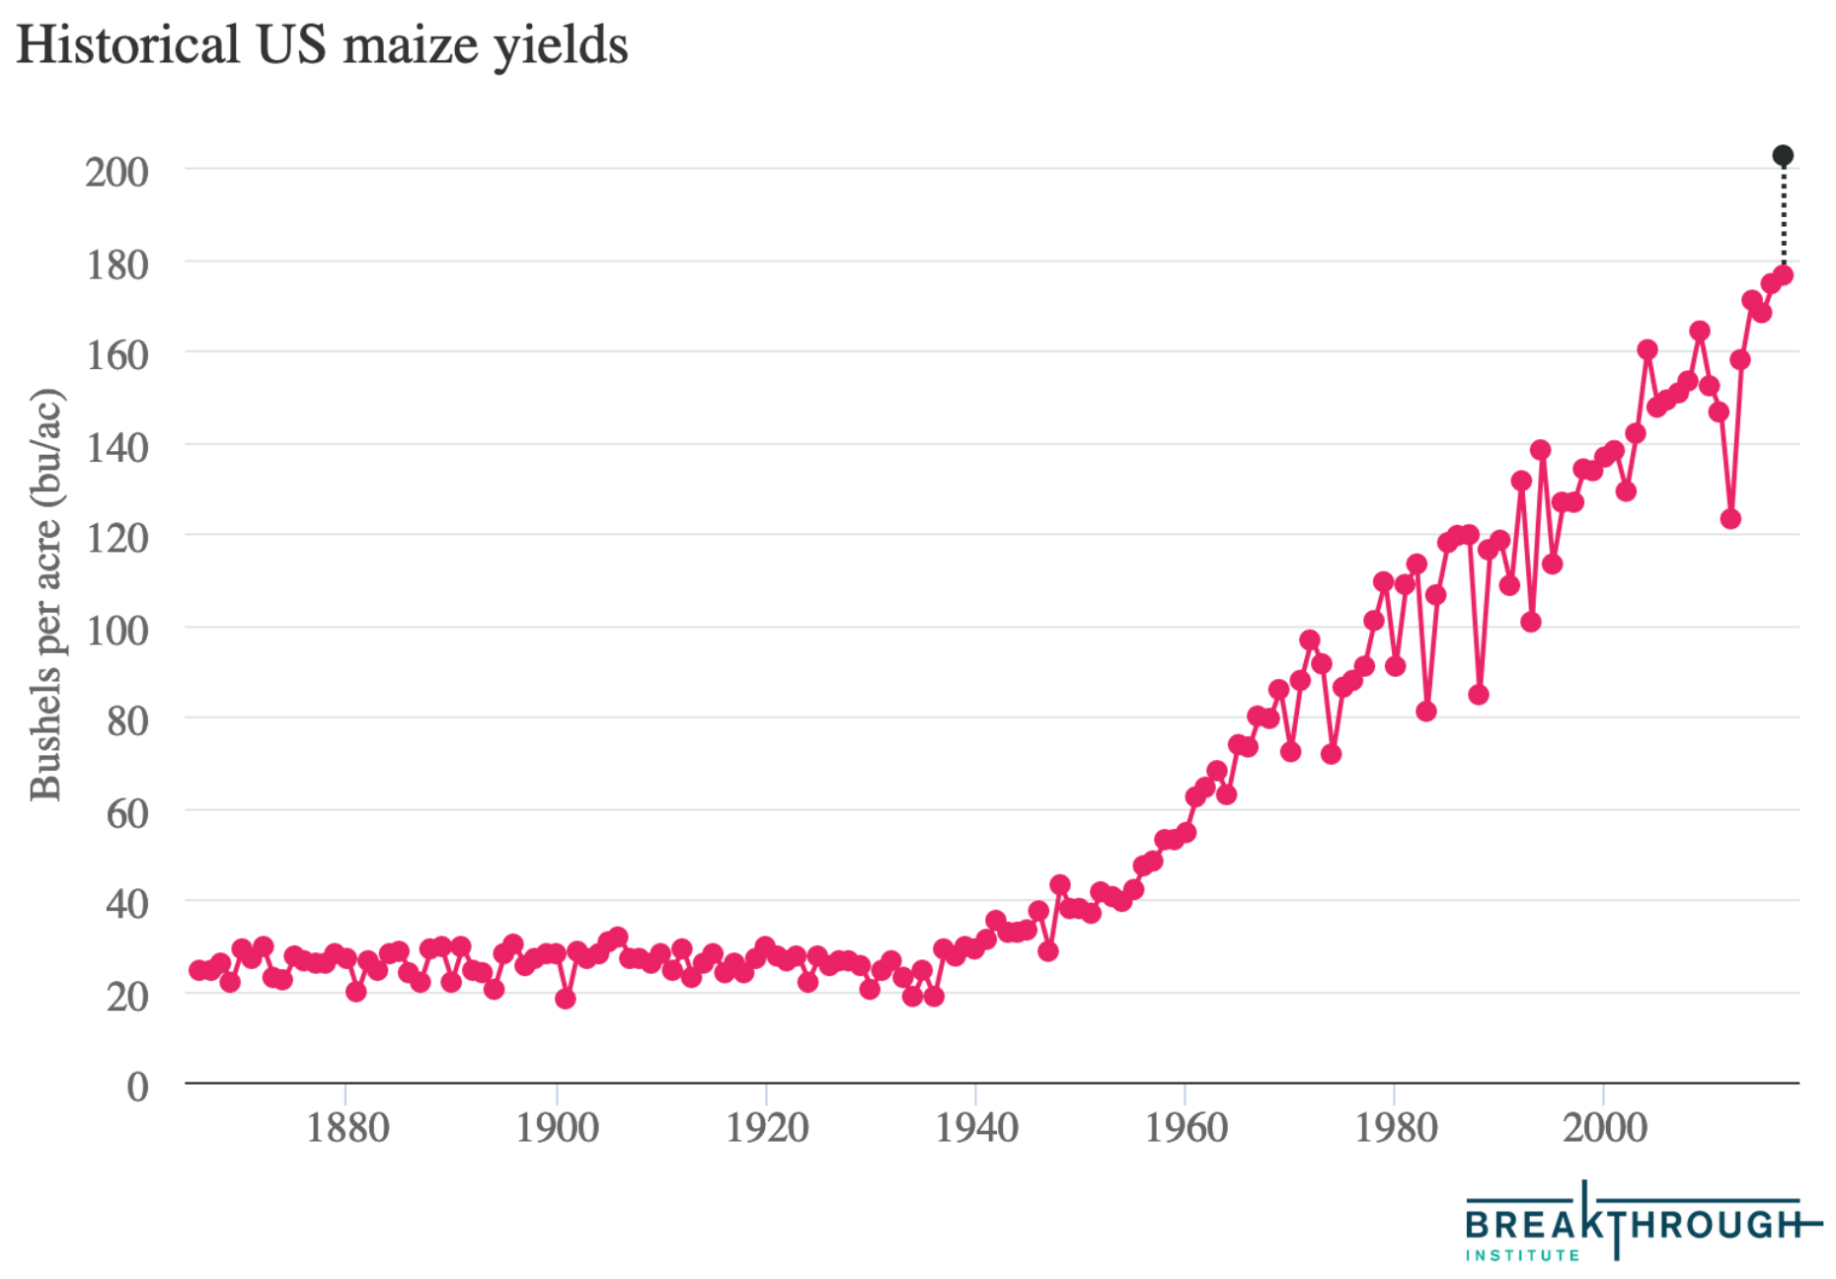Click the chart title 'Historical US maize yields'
click(322, 45)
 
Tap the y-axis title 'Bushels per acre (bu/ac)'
click(45, 595)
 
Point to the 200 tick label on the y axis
click(116, 172)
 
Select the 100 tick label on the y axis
click(116, 630)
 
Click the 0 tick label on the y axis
click(137, 1087)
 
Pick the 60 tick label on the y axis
click(126, 813)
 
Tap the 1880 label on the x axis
click(347, 1128)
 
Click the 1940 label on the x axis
click(976, 1128)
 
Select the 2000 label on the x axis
click(1605, 1128)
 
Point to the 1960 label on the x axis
click(1186, 1128)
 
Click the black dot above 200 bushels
click(1783, 156)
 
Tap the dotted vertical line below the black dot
click(1783, 217)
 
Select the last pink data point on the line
click(1783, 275)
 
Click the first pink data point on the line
click(198, 970)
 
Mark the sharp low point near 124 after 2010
click(1730, 519)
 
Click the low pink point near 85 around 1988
click(1478, 695)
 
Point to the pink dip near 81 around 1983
click(1425, 712)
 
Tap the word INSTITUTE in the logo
click(1522, 1255)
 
